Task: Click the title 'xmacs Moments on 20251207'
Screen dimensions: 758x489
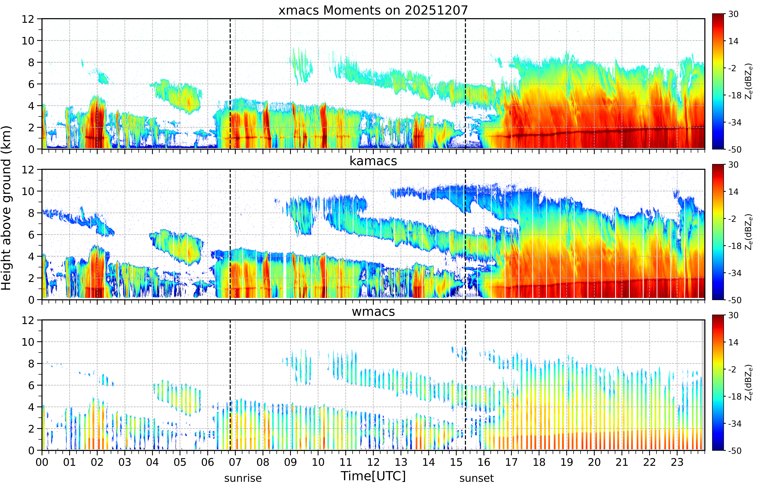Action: (x=373, y=10)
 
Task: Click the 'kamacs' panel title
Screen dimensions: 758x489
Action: (x=373, y=161)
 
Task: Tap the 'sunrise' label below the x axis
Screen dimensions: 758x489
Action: (x=243, y=478)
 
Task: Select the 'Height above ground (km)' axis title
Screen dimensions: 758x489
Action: (x=6, y=208)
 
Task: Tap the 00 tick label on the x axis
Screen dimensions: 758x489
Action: (x=42, y=462)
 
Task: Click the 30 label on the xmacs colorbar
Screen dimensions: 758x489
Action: (x=733, y=14)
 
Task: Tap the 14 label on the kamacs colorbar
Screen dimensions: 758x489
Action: (x=733, y=192)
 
